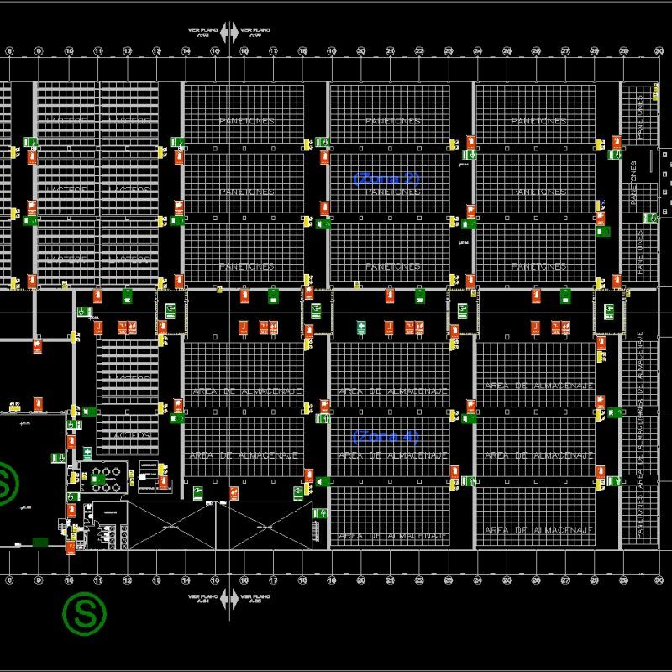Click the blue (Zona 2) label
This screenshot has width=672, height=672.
coord(386,178)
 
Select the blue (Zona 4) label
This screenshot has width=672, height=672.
coord(386,437)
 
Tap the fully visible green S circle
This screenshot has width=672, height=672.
coord(86,614)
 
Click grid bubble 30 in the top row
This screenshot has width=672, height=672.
coord(653,51)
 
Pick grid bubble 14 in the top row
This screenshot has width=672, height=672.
coord(186,51)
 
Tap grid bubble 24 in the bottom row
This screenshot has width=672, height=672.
coord(477,580)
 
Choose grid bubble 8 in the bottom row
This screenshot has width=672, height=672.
coord(8,580)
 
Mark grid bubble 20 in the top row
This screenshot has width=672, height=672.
coord(360,51)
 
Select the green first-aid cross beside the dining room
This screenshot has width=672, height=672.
coord(87,453)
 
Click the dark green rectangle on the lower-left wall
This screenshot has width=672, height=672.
coord(39,542)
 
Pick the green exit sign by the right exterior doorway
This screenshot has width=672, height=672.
coord(648,218)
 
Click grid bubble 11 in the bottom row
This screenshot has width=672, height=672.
coord(97,580)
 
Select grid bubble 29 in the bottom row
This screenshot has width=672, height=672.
coord(623,580)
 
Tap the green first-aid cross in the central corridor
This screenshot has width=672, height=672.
coord(361,325)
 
